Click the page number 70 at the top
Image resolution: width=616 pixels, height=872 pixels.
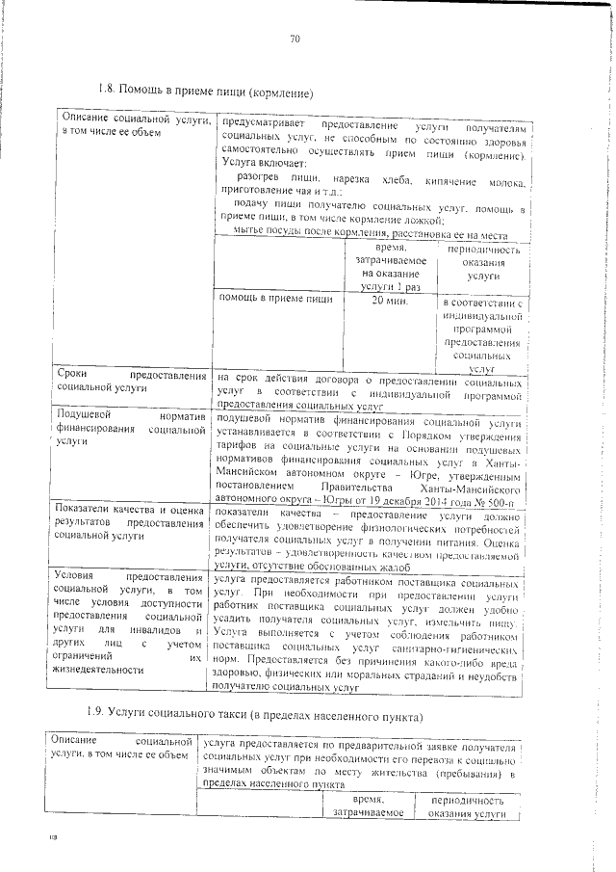tap(295, 40)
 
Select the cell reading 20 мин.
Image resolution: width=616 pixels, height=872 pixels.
tap(391, 302)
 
